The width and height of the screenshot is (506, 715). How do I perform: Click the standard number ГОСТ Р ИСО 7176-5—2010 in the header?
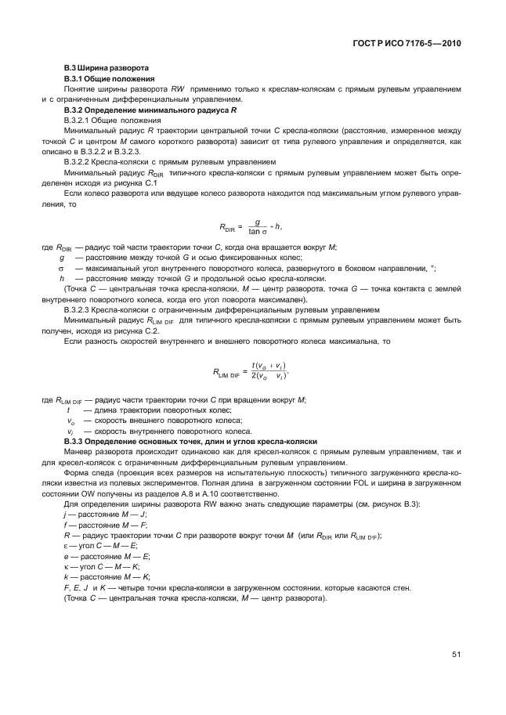point(406,44)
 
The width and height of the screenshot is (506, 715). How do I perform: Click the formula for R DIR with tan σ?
point(236,227)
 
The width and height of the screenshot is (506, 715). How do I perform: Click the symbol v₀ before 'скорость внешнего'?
point(70,421)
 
